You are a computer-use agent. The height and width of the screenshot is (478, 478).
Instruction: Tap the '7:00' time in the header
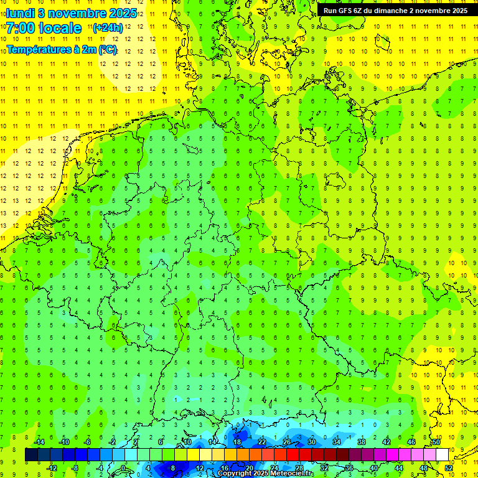click(x=22, y=28)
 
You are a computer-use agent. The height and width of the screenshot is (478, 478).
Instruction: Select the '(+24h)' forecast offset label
click(x=108, y=28)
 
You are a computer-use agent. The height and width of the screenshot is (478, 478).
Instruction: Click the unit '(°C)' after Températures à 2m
click(x=107, y=50)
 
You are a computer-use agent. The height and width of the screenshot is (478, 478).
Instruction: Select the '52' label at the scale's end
click(x=449, y=467)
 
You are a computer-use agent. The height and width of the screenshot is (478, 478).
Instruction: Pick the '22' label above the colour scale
click(x=262, y=442)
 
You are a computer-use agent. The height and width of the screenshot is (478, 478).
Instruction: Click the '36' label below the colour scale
click(x=349, y=467)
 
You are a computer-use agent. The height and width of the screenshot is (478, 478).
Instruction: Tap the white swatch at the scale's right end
click(x=442, y=455)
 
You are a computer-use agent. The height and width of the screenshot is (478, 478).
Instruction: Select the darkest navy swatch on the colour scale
click(x=31, y=455)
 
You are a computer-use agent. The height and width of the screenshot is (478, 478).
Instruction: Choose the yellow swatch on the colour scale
click(x=218, y=455)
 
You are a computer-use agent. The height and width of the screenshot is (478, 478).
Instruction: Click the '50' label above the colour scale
click(x=436, y=442)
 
